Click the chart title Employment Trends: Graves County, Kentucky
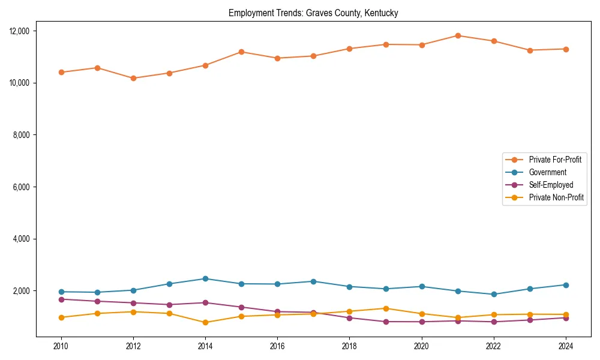(x=313, y=13)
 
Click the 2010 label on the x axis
(x=60, y=346)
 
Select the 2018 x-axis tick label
(x=349, y=346)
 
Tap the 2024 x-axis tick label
(x=566, y=346)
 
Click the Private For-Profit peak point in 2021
(x=458, y=35)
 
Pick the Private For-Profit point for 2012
(x=133, y=78)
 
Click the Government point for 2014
(x=205, y=278)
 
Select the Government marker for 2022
(x=494, y=294)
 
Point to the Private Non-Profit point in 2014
(x=205, y=322)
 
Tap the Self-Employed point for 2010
(x=60, y=299)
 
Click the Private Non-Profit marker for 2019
(x=386, y=308)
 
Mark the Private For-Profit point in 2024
(x=566, y=49)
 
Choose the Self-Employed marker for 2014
(x=205, y=302)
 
